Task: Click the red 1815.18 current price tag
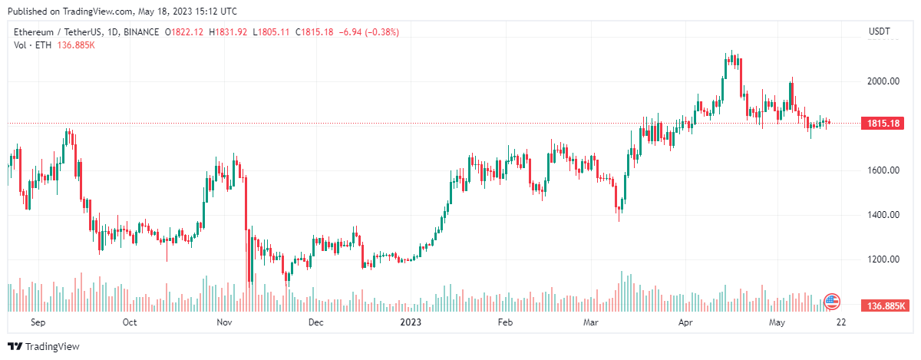[883, 123]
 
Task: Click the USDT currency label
[878, 31]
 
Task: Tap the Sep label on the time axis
[37, 322]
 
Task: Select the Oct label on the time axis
[130, 322]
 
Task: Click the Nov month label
[224, 322]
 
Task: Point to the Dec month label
[316, 322]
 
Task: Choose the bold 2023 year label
[411, 322]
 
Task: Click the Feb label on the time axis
[505, 322]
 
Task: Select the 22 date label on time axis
[840, 322]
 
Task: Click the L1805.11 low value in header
[271, 31]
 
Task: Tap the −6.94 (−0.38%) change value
[367, 31]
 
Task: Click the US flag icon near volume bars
[832, 301]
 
